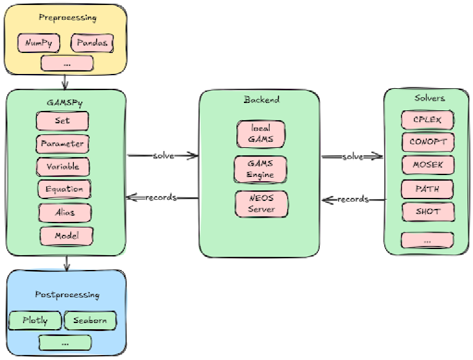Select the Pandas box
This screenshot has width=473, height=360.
click(92, 43)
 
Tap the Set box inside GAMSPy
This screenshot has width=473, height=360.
click(62, 121)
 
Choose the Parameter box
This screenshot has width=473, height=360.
click(62, 144)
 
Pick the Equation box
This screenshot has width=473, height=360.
click(64, 189)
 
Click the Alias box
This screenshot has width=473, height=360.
click(65, 212)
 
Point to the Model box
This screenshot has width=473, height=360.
click(67, 235)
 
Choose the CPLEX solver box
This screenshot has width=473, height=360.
click(427, 119)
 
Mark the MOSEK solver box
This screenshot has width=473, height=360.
click(427, 165)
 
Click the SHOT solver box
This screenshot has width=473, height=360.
click(427, 211)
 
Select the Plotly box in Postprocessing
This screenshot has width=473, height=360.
click(36, 321)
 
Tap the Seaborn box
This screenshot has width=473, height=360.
click(90, 321)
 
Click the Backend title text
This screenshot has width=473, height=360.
click(261, 99)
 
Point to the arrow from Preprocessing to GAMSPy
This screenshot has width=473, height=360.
click(65, 81)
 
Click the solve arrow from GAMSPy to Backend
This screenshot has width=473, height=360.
click(163, 156)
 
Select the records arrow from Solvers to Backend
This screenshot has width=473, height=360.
click(353, 199)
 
